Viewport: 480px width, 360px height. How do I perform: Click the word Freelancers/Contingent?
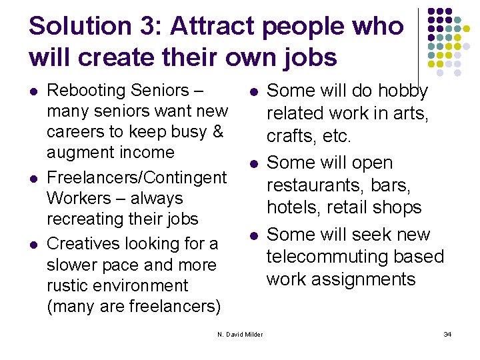137,177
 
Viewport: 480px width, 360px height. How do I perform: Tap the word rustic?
66,285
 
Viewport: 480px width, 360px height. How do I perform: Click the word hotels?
291,207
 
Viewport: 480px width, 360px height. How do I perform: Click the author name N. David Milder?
240,334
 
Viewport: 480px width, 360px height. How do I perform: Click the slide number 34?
447,334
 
